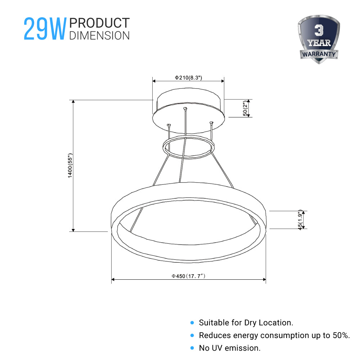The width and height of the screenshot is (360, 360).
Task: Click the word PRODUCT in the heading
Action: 99,23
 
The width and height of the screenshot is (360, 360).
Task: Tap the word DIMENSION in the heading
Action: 99,35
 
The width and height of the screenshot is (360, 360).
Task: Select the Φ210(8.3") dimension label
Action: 188,77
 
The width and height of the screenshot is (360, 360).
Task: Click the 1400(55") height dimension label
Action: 71,166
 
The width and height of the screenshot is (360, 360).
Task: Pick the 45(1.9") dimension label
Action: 300,220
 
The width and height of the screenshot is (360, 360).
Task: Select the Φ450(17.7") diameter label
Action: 188,276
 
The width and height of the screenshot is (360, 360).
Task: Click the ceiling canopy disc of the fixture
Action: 188,108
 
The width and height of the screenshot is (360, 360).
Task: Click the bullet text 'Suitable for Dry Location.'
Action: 246,323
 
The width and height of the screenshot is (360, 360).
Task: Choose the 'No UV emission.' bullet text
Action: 230,348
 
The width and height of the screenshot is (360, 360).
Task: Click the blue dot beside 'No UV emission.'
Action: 192,348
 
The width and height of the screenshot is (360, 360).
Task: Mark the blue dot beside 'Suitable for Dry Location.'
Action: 192,323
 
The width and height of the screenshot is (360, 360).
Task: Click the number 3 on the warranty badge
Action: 319,31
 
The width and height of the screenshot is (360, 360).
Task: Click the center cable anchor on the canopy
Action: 185,108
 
